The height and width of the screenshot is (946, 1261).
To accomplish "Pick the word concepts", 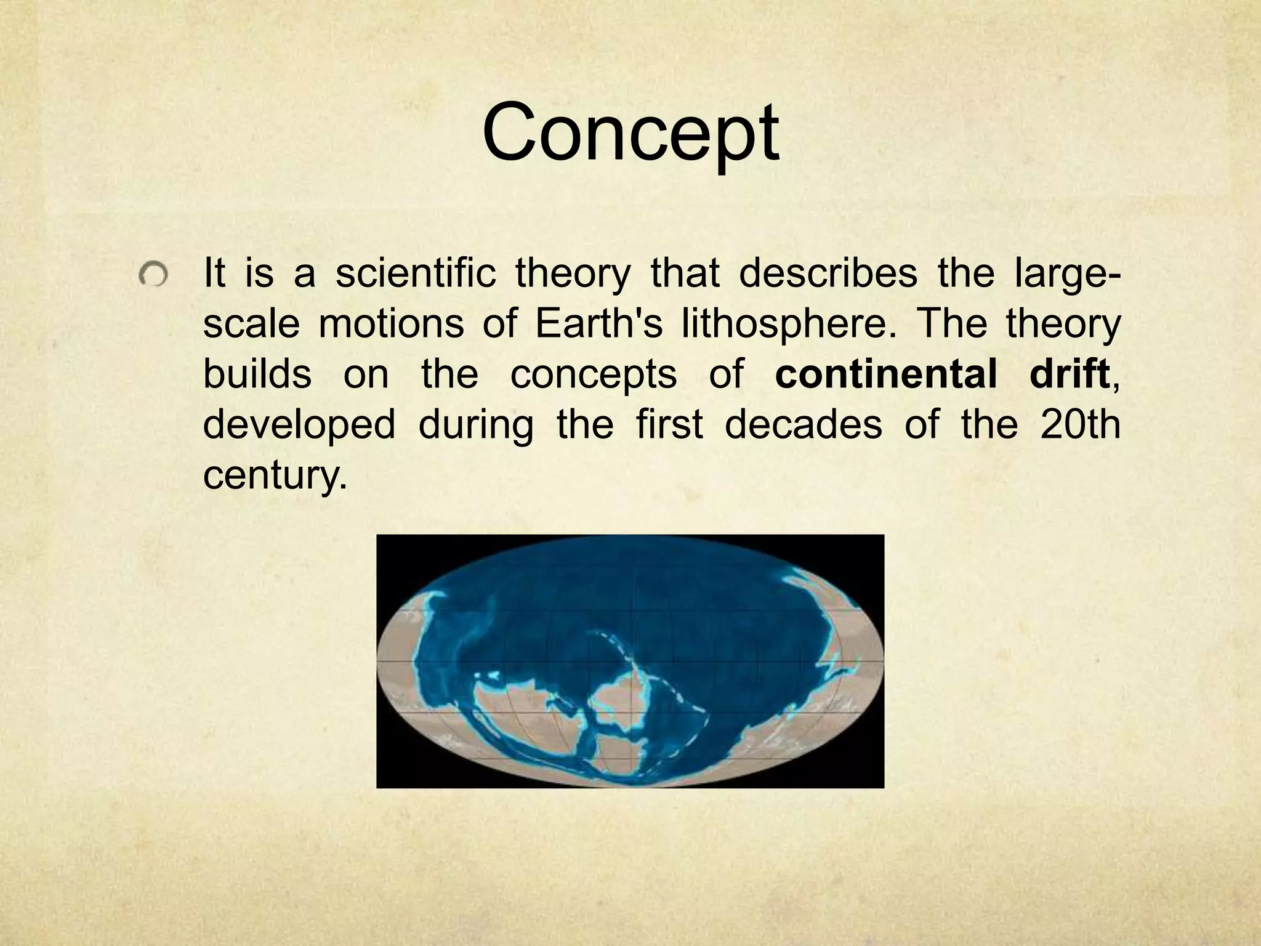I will coord(594,375).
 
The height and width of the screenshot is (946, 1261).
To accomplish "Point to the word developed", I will coord(299,425).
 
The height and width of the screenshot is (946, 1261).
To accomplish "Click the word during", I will coord(476,425).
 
